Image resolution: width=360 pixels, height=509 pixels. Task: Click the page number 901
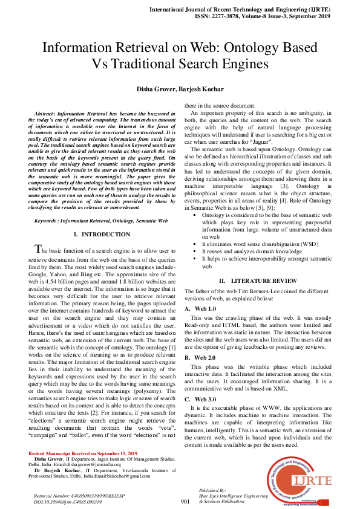(x=186, y=501)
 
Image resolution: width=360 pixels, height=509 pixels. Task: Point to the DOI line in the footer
(x=67, y=502)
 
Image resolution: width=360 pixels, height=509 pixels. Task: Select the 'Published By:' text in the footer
(x=212, y=489)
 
